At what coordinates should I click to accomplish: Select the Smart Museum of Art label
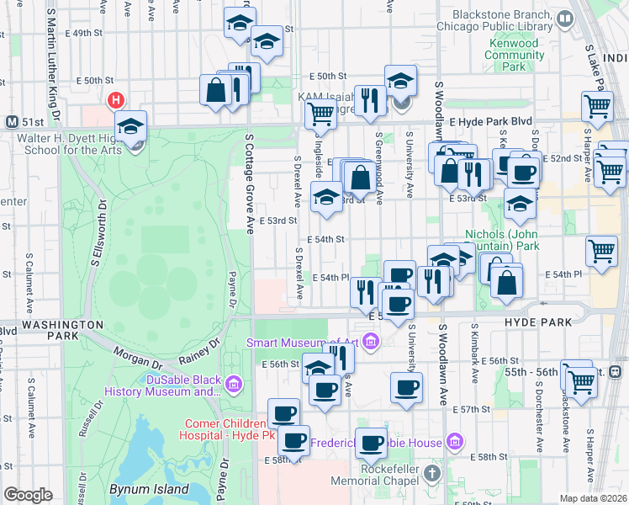coord(302,342)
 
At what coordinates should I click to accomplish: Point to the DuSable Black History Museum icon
coord(233,385)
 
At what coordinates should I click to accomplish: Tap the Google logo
coord(28,495)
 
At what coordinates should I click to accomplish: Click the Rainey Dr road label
coord(198,350)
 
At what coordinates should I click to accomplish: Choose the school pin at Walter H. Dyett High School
coord(130,127)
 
